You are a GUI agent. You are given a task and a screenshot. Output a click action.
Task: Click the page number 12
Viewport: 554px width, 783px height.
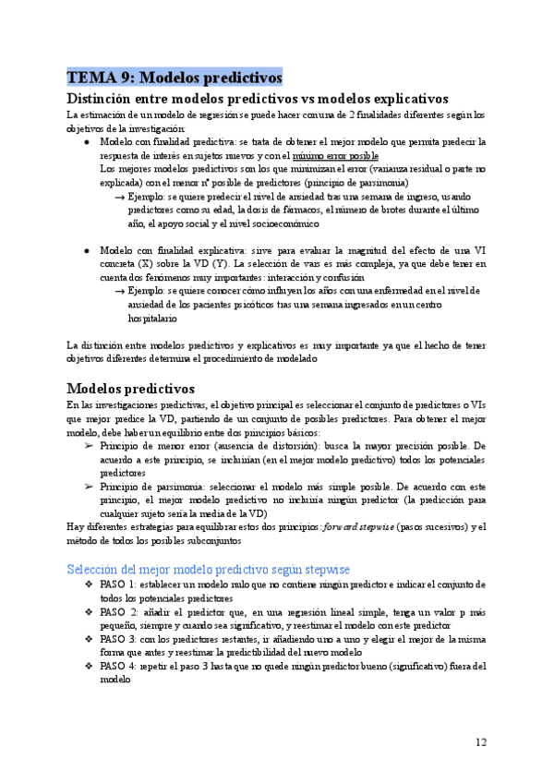point(481,742)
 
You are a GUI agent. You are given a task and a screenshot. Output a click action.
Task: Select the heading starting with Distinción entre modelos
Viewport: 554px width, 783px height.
point(259,98)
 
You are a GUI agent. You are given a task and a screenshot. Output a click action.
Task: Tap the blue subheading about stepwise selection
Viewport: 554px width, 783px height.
point(209,570)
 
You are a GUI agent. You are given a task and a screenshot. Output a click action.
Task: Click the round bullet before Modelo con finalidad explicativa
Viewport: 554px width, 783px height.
point(86,250)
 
